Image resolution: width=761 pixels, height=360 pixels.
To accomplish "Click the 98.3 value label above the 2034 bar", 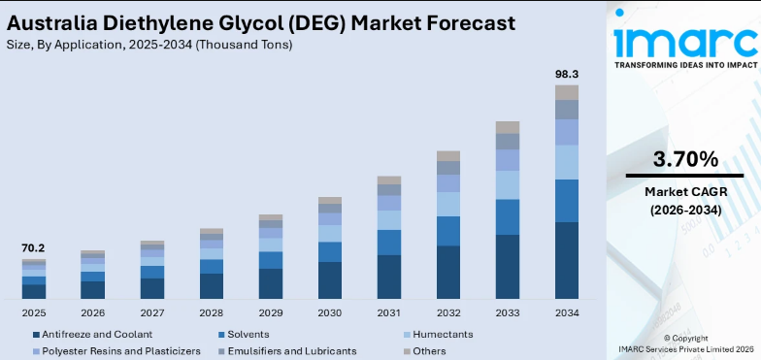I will [567, 74].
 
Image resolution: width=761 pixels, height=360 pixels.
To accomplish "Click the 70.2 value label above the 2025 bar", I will [34, 248].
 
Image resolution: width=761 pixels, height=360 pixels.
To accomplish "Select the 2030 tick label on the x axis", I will [330, 312].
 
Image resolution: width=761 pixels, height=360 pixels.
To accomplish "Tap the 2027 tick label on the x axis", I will [152, 312].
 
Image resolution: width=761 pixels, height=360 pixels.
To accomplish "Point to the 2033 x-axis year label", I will [508, 312].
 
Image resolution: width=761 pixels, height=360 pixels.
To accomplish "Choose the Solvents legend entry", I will [244, 334].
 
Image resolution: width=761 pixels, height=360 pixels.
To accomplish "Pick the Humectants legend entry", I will [443, 334].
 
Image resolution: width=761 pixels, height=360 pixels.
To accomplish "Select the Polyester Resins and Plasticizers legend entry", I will [117, 350].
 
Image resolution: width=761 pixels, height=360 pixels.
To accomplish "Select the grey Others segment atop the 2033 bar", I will [508, 127].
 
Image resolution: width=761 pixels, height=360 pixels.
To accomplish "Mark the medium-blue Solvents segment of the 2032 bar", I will [448, 231].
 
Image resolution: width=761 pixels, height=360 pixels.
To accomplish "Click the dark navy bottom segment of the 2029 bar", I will [271, 283].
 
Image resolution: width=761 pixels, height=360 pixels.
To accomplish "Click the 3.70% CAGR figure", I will [685, 158].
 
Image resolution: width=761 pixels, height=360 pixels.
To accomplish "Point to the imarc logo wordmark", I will [685, 41].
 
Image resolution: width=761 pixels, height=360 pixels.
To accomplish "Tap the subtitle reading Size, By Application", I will [149, 45].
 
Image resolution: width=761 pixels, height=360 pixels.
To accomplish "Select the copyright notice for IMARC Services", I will [685, 344].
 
